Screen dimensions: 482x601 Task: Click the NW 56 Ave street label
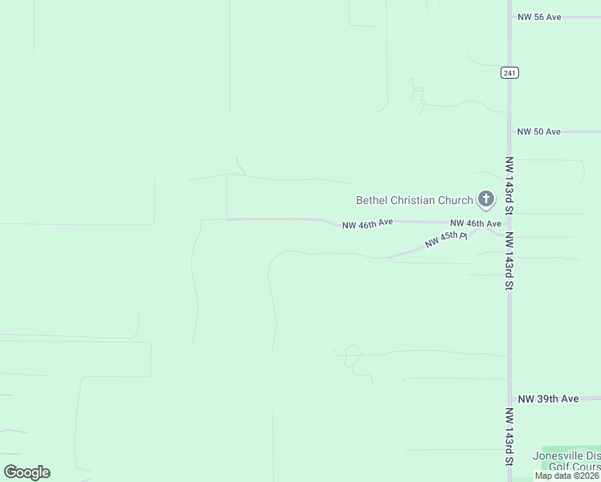539,17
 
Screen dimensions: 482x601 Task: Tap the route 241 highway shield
509,72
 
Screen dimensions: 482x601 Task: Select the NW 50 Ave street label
539,132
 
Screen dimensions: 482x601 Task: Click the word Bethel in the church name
373,200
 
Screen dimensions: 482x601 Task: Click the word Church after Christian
456,200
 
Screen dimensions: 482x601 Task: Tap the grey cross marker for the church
485,198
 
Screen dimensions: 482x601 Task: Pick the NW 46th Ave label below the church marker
476,223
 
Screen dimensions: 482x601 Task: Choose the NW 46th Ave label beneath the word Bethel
367,224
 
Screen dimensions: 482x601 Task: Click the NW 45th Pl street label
446,239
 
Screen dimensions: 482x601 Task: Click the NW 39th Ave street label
549,398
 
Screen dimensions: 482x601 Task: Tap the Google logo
27,472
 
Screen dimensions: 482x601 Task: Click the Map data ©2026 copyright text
566,476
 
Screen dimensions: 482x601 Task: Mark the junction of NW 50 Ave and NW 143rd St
509,132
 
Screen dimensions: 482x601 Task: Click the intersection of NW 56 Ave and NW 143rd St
509,17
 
